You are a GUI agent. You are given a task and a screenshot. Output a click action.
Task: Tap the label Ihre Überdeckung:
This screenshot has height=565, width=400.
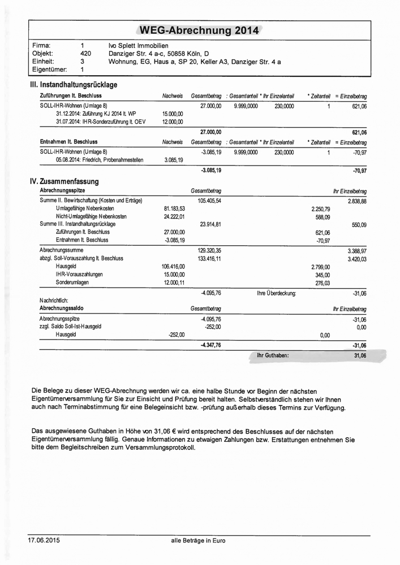pyautogui.click(x=277, y=293)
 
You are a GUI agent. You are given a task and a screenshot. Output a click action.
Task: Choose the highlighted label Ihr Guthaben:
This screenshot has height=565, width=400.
pyautogui.click(x=273, y=355)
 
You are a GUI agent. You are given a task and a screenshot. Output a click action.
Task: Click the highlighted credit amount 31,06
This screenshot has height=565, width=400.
pyautogui.click(x=359, y=356)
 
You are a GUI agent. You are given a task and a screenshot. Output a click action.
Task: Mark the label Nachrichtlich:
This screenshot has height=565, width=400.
pyautogui.click(x=54, y=301)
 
